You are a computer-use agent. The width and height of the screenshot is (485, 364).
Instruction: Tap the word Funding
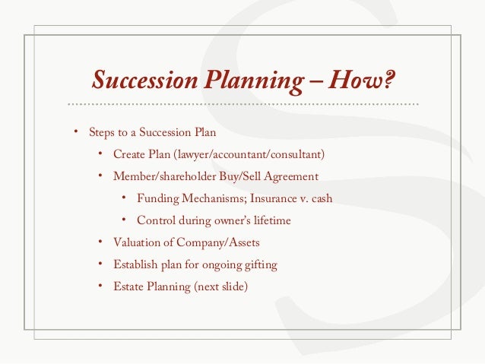pyautogui.click(x=157, y=199)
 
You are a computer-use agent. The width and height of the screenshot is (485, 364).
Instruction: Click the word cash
pyautogui.click(x=320, y=199)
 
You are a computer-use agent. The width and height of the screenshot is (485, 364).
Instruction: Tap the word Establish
pyautogui.click(x=135, y=265)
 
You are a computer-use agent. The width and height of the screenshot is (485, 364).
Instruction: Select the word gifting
pyautogui.click(x=258, y=265)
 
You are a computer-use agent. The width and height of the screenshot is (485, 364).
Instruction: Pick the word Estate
pyautogui.click(x=128, y=287)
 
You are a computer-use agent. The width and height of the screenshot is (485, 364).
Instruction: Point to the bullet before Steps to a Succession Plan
pyautogui.click(x=75, y=132)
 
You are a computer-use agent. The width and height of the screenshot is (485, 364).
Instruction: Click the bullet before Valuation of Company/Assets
pyautogui.click(x=100, y=242)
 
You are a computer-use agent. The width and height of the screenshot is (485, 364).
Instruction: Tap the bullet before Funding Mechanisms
pyautogui.click(x=124, y=198)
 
